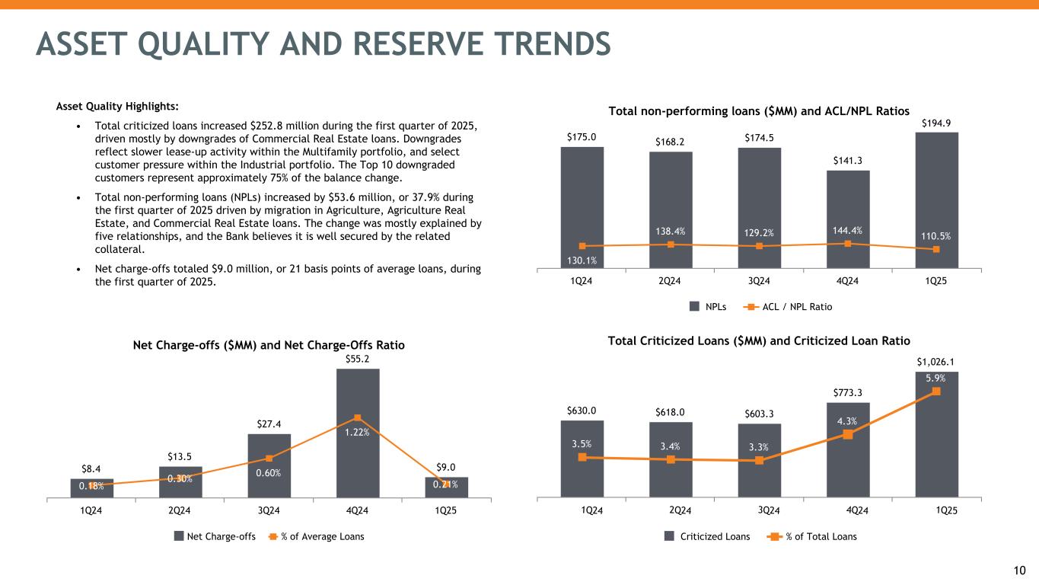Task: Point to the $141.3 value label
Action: click(x=847, y=160)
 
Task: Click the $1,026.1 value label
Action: click(x=935, y=360)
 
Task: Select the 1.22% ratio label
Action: click(x=358, y=432)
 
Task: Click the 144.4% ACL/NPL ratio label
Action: click(x=847, y=229)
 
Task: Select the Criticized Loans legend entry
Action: click(x=712, y=536)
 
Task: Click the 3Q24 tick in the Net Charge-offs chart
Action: click(x=269, y=511)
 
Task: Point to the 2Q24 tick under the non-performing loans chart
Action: click(x=669, y=280)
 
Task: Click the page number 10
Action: click(x=1020, y=570)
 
